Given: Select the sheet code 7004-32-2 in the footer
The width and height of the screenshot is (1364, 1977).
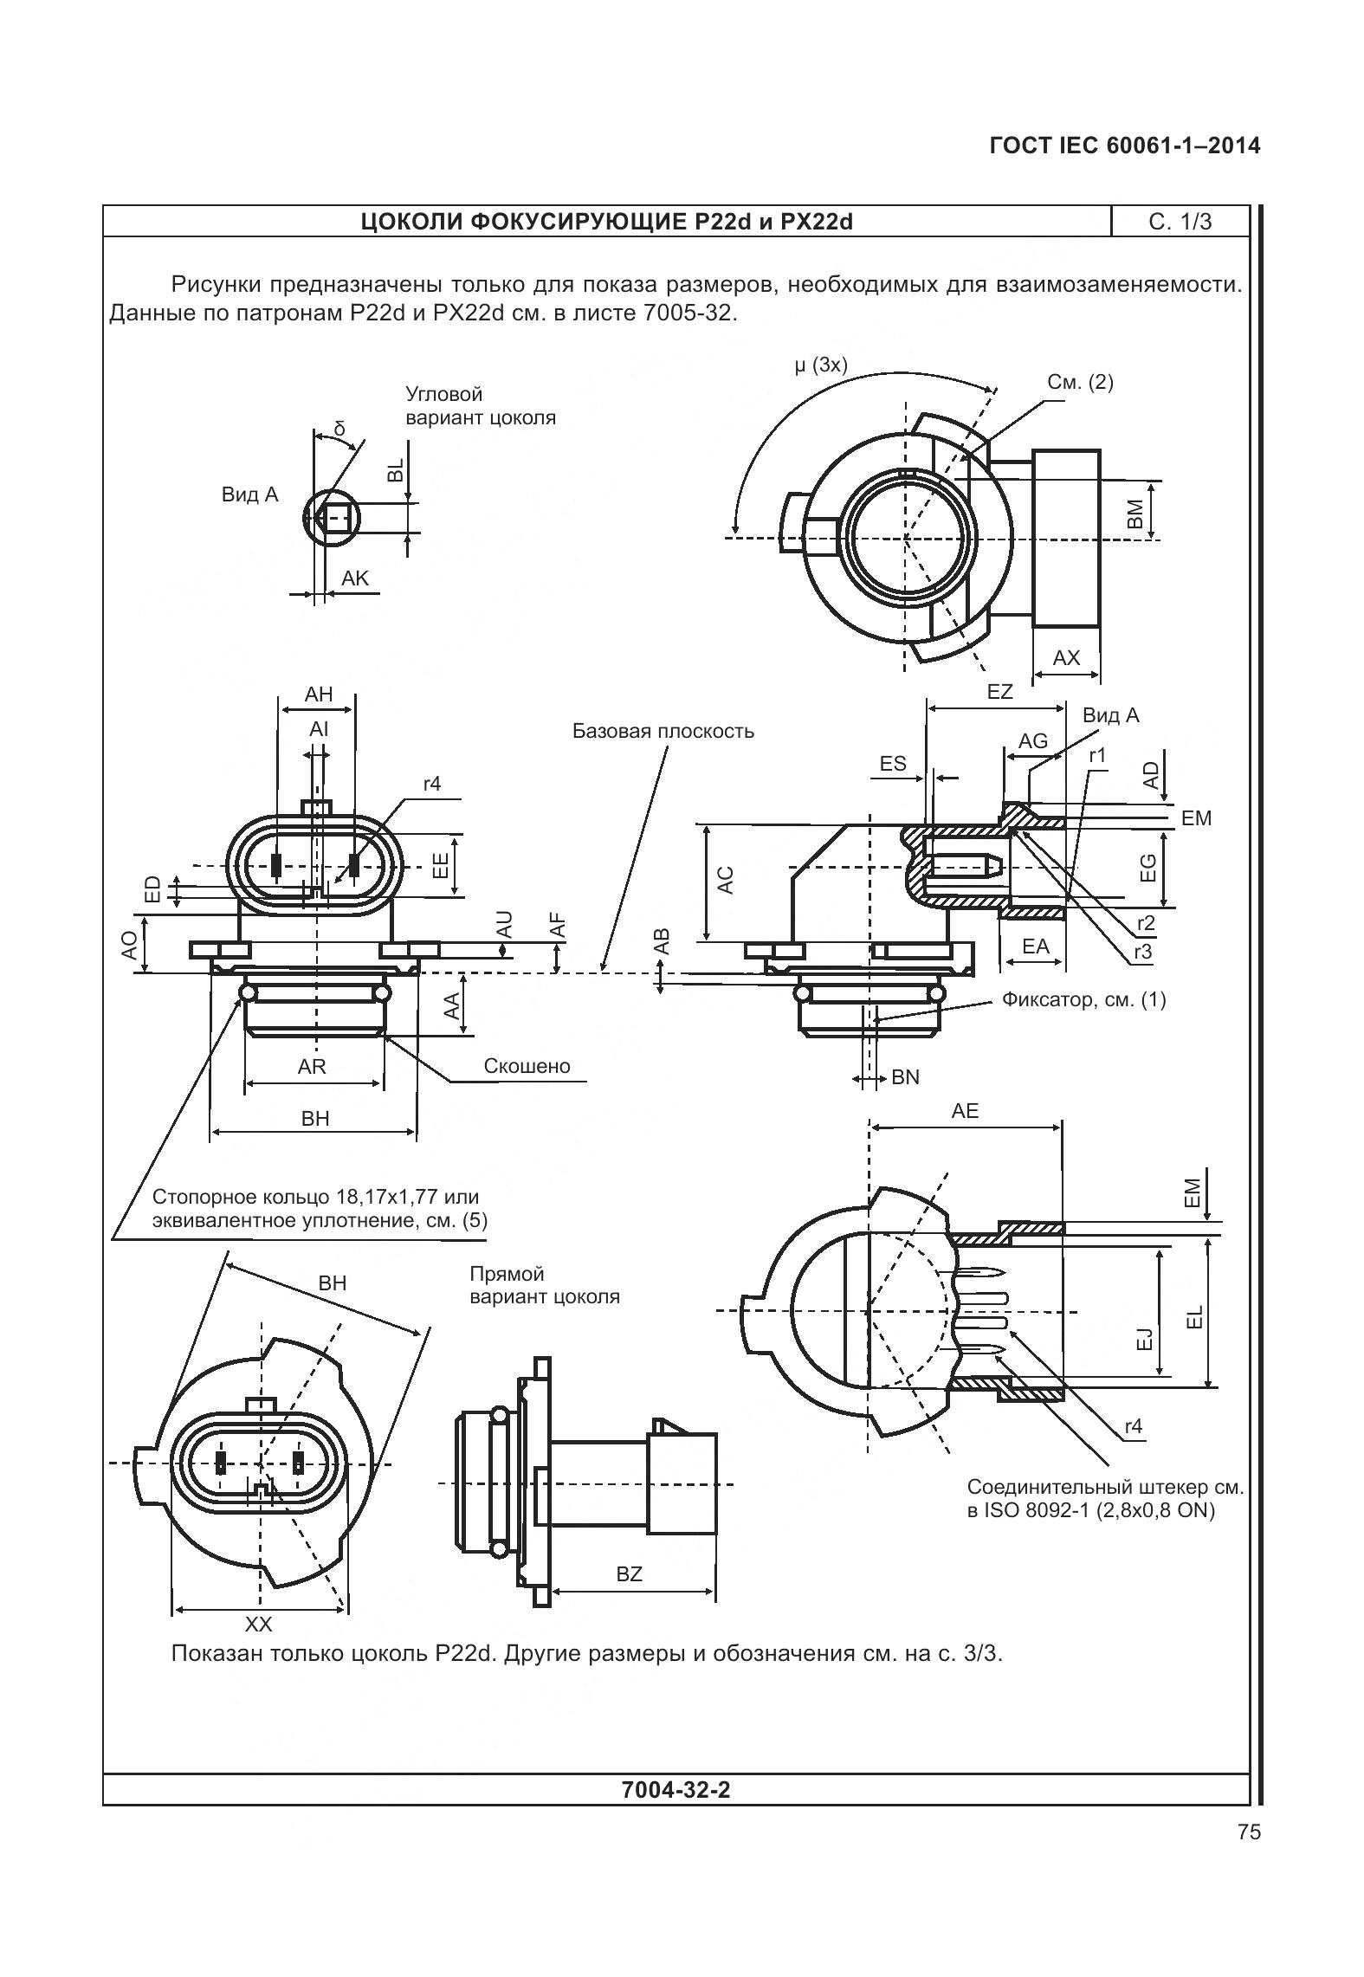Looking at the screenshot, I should pyautogui.click(x=676, y=1789).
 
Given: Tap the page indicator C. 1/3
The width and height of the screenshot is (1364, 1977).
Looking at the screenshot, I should pyautogui.click(x=1180, y=223).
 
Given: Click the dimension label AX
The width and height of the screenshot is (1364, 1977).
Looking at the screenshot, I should pyautogui.click(x=1066, y=657).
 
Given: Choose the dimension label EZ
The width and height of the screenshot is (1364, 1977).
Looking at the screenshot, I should pyautogui.click(x=999, y=692).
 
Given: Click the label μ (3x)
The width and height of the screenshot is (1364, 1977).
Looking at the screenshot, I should pyautogui.click(x=820, y=365).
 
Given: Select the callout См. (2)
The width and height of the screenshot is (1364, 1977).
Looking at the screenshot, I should pyautogui.click(x=1080, y=382).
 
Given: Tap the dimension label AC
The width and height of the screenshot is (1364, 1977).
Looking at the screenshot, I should pyautogui.click(x=726, y=880).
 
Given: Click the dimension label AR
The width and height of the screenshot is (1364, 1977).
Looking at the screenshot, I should pyautogui.click(x=312, y=1067).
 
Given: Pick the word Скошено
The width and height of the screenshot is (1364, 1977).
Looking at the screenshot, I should pyautogui.click(x=527, y=1066).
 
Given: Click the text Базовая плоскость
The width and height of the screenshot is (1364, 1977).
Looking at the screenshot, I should pyautogui.click(x=663, y=731).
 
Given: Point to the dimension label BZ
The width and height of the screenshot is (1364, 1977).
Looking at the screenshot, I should pyautogui.click(x=630, y=1573).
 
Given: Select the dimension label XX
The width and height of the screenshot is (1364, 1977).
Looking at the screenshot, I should pyautogui.click(x=258, y=1624).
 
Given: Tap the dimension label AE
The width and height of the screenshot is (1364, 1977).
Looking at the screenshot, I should pyautogui.click(x=965, y=1111).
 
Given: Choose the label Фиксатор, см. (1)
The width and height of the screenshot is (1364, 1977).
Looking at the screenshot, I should pyautogui.click(x=1083, y=999).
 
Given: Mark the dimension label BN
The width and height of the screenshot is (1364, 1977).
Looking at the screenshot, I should pyautogui.click(x=905, y=1077).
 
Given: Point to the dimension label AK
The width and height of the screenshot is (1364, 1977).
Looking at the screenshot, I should pyautogui.click(x=355, y=578).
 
